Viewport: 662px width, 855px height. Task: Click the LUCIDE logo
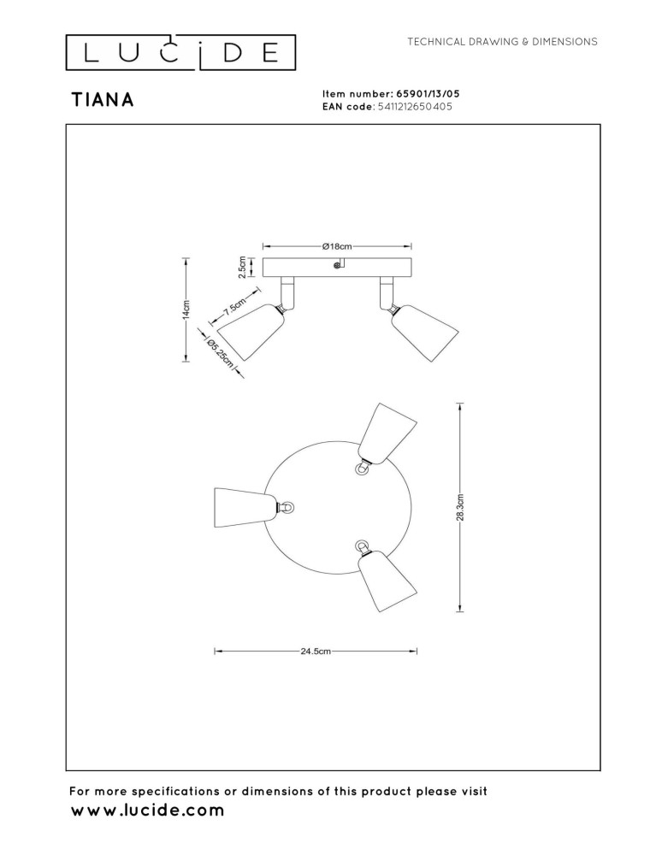[x=180, y=53]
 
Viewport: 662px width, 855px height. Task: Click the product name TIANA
[x=103, y=100]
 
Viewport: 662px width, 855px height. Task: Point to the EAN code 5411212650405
[x=415, y=106]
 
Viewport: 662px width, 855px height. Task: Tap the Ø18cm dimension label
[x=337, y=246]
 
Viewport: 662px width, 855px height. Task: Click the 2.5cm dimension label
[x=242, y=267]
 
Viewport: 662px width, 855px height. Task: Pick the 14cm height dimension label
[x=186, y=310]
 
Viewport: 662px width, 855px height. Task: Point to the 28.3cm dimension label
[x=461, y=507]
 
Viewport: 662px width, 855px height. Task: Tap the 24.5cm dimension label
[x=316, y=651]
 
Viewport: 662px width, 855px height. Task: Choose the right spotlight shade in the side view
[x=425, y=332]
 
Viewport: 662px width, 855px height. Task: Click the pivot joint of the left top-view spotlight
[x=287, y=508]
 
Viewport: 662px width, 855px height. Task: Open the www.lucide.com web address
[x=147, y=811]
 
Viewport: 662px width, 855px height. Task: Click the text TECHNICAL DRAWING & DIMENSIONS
[x=502, y=42]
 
